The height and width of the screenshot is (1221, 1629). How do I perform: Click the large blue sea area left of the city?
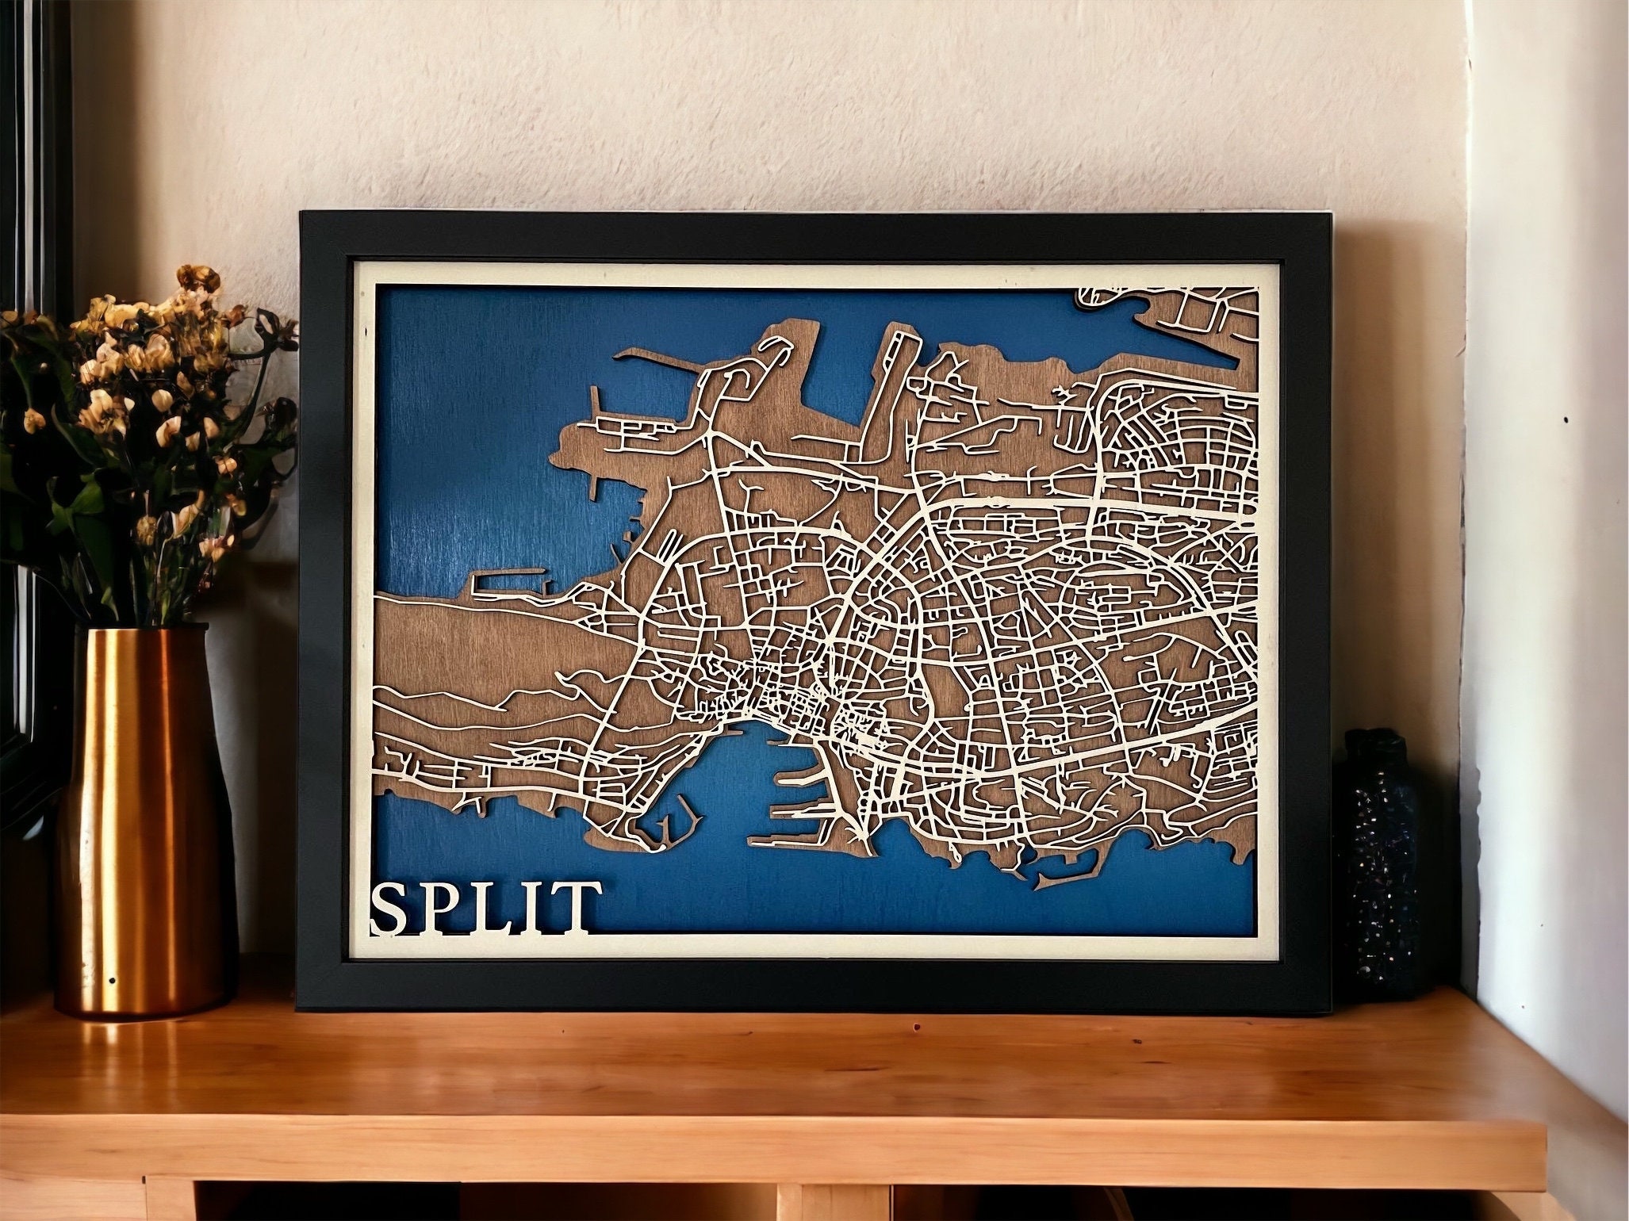460,476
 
